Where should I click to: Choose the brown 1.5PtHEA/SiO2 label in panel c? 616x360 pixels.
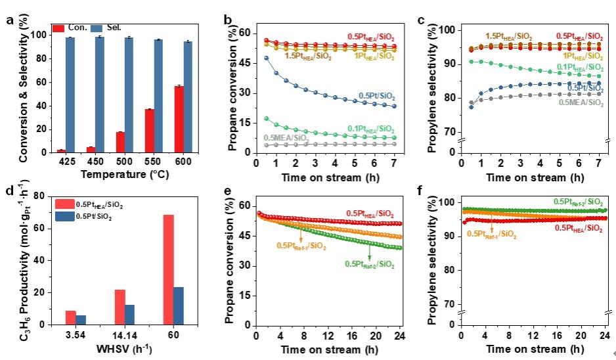click(508, 36)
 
